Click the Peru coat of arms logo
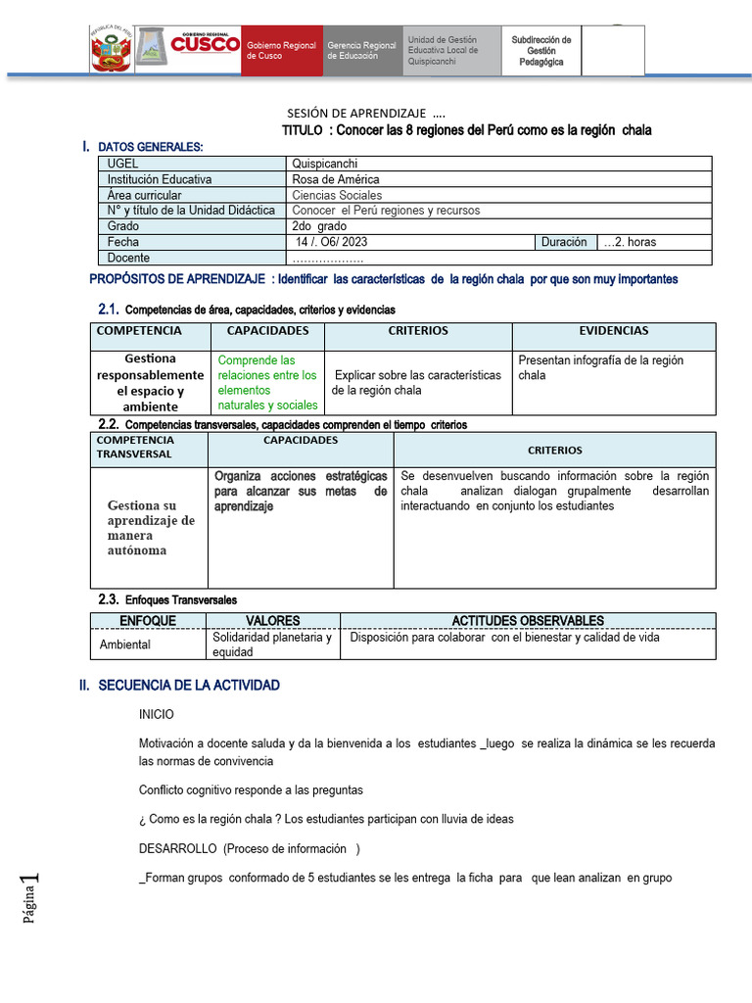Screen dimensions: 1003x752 point(110,50)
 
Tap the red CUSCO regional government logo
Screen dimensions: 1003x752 point(205,44)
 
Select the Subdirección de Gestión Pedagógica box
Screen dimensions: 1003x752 point(541,51)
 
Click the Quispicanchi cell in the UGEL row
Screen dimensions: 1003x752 point(325,165)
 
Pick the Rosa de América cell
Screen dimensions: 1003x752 point(335,180)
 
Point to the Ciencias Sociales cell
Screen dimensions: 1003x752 point(337,196)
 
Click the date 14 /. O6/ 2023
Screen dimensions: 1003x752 point(332,242)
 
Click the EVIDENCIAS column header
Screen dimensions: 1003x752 point(613,332)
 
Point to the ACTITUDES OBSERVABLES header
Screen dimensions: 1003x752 point(527,621)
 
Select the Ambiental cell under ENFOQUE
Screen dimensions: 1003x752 point(125,645)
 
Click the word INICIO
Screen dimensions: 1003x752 point(157,715)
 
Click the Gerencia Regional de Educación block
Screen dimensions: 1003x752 point(361,51)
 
